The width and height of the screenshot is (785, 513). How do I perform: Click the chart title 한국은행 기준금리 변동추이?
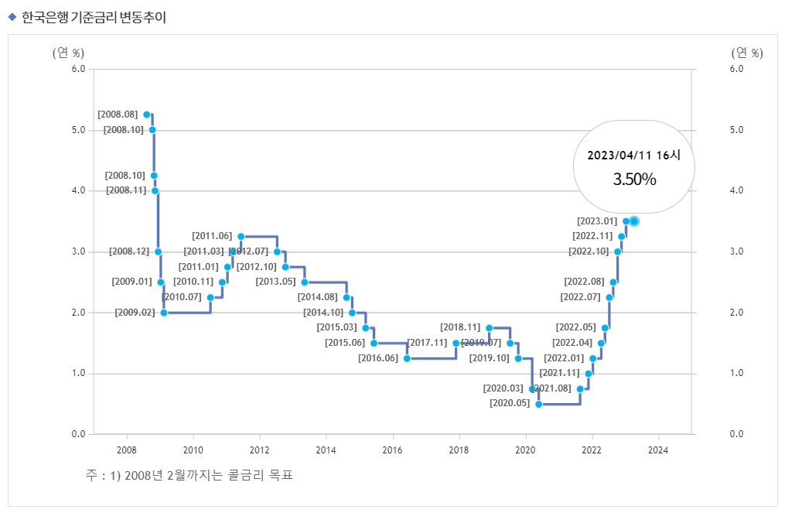point(94,17)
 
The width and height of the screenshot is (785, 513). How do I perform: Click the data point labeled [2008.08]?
point(147,115)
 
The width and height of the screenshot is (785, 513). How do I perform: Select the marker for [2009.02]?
point(164,313)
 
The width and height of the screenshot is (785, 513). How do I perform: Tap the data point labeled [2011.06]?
point(241,236)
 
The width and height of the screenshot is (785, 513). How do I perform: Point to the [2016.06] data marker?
point(407,358)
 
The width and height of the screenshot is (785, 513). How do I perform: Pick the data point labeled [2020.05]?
point(539,404)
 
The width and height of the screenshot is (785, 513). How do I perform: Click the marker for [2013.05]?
point(305,282)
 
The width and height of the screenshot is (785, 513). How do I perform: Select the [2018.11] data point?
point(490,328)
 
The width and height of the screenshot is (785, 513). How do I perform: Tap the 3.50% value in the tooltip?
point(634,180)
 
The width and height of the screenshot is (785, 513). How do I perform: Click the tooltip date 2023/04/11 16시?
point(634,155)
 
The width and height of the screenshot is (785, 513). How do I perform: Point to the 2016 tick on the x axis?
point(393,449)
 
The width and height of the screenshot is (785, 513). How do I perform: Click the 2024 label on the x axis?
point(658,449)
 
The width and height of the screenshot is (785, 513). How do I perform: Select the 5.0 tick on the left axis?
point(77,130)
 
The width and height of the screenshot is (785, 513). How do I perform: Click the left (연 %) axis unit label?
point(68,53)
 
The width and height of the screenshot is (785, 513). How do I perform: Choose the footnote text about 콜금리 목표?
point(189,474)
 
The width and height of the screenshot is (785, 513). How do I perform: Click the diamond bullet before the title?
point(12,17)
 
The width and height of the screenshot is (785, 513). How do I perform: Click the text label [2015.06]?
point(345,343)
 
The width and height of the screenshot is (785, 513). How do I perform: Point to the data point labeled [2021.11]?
point(589,374)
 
